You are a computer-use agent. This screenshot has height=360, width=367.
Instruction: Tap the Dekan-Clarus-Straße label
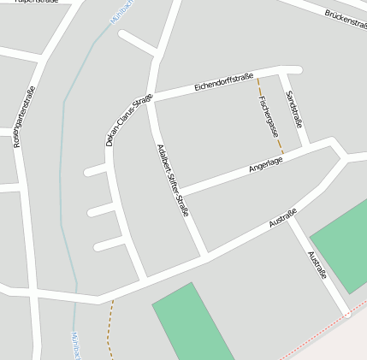click(x=129, y=120)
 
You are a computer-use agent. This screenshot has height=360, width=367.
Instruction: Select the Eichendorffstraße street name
click(x=224, y=81)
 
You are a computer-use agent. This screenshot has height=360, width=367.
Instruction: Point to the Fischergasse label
click(x=268, y=115)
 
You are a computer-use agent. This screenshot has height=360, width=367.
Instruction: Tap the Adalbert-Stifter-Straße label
click(x=172, y=180)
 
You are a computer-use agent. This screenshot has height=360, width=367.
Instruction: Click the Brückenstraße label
click(x=346, y=18)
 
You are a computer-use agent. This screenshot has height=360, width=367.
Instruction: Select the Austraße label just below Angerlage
click(x=282, y=218)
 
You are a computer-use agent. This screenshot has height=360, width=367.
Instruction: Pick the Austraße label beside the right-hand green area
click(x=317, y=265)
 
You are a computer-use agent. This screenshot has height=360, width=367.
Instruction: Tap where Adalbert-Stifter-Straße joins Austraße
click(x=205, y=255)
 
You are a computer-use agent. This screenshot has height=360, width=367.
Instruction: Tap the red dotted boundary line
click(x=317, y=333)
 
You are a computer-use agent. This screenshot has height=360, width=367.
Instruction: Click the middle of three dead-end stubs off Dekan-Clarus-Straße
click(x=102, y=210)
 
